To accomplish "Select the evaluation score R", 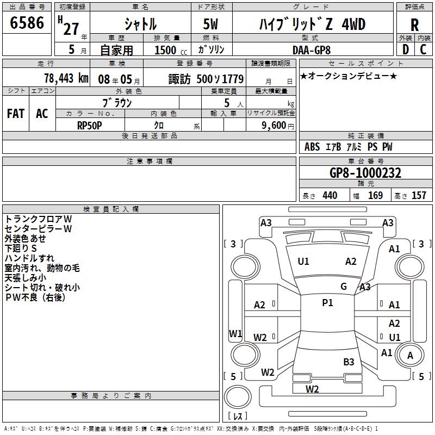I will pyautogui.click(x=414, y=26).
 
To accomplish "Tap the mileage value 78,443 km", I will pyautogui.click(x=65, y=78).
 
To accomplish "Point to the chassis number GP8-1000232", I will pyautogui.click(x=365, y=173).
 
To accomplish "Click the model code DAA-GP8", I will pyautogui.click(x=310, y=49).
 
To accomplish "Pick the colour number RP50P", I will pyautogui.click(x=90, y=125).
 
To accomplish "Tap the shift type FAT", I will pyautogui.click(x=15, y=114).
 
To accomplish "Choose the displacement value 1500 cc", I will pyautogui.click(x=165, y=50).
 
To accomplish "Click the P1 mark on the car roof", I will pyautogui.click(x=327, y=303).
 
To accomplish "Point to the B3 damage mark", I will pyautogui.click(x=349, y=362).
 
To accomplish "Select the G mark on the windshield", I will pyautogui.click(x=343, y=287).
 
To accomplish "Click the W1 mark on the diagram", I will pyautogui.click(x=235, y=333).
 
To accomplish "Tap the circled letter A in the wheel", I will pyautogui.click(x=411, y=356).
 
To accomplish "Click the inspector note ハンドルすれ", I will pyautogui.click(x=29, y=258).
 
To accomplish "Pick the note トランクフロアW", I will pyautogui.click(x=38, y=219).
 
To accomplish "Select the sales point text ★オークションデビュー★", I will pyautogui.click(x=348, y=76).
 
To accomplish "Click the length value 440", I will pyautogui.click(x=330, y=196).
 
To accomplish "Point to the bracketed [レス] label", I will pyautogui.click(x=237, y=417).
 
